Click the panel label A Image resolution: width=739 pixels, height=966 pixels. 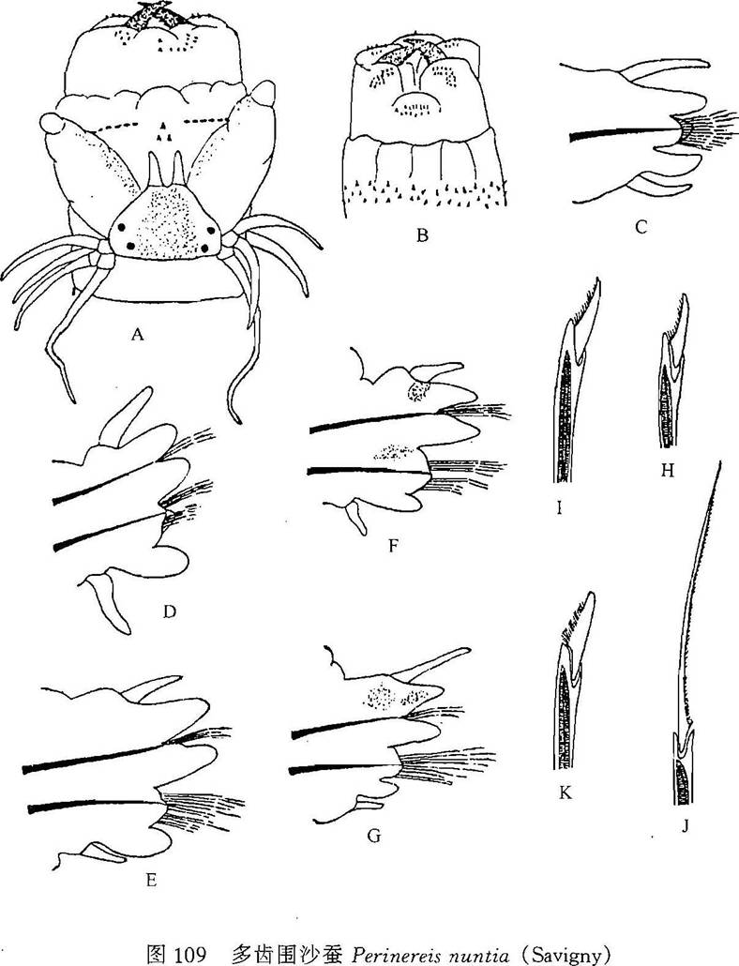click(x=137, y=335)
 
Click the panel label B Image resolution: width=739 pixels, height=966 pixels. click(x=422, y=234)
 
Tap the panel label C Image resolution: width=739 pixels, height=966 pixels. click(x=641, y=227)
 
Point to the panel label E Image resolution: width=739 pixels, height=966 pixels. click(x=150, y=881)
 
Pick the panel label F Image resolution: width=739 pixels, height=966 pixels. click(x=393, y=545)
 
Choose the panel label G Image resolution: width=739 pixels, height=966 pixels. click(x=373, y=836)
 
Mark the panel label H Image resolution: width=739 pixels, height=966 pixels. click(x=667, y=471)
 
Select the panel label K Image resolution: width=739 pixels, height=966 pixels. click(x=565, y=792)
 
